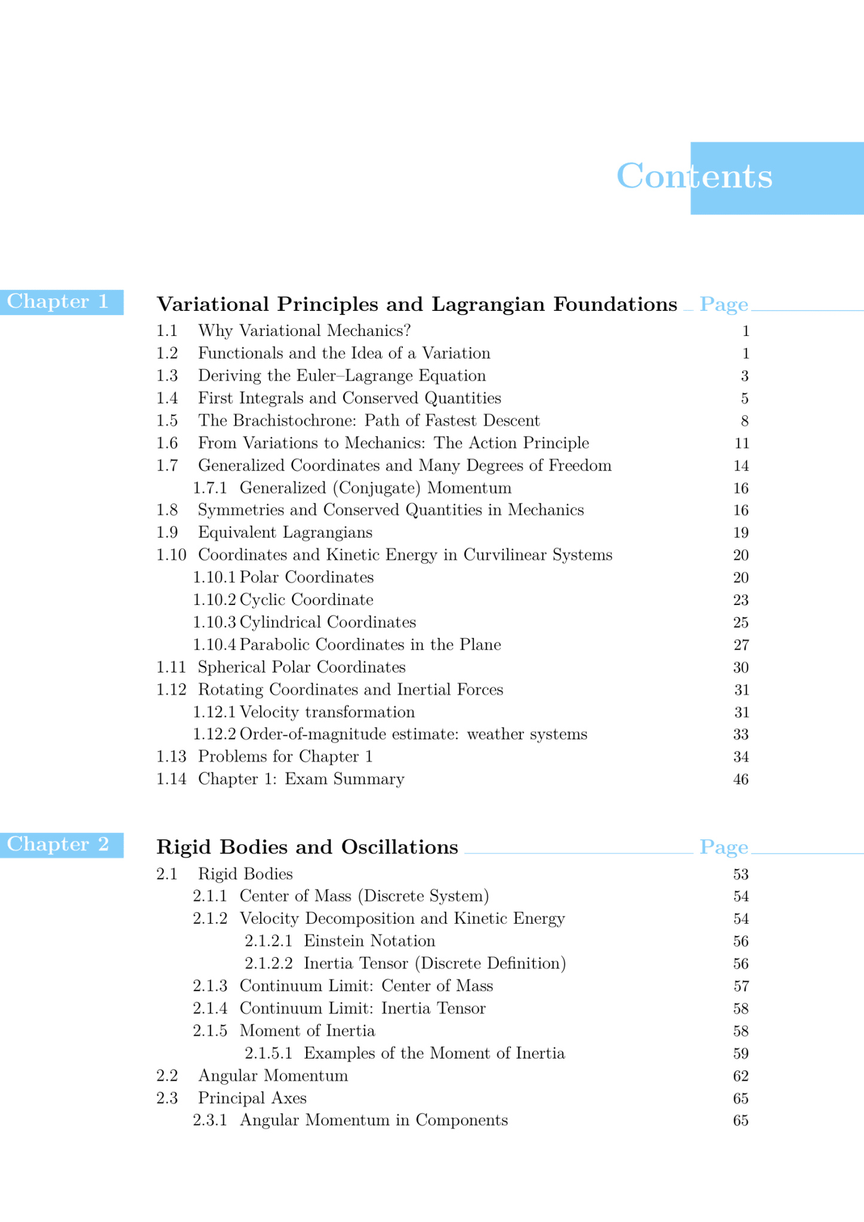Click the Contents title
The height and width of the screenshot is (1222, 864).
click(x=694, y=176)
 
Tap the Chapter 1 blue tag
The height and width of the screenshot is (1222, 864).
click(x=59, y=302)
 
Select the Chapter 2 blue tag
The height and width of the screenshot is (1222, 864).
click(x=59, y=845)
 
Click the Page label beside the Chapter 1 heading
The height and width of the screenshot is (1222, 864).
click(x=723, y=305)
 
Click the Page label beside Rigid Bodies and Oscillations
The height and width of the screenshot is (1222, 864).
click(x=723, y=848)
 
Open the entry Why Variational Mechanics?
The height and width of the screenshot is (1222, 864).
click(x=304, y=331)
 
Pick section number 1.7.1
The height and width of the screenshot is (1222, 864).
click(x=210, y=488)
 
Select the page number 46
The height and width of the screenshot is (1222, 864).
click(x=741, y=780)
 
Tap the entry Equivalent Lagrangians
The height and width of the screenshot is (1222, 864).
click(x=285, y=533)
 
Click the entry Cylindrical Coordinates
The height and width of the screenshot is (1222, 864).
click(x=328, y=622)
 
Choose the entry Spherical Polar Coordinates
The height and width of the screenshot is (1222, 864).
click(x=301, y=667)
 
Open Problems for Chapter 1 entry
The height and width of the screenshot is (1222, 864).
click(x=285, y=757)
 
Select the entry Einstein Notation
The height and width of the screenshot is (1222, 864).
click(x=370, y=941)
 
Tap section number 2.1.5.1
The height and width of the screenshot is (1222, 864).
click(x=268, y=1053)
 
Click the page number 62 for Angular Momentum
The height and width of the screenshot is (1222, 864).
click(x=741, y=1076)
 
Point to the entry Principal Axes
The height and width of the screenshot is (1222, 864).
click(x=252, y=1098)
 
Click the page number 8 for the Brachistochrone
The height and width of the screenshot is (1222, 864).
click(x=744, y=421)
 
